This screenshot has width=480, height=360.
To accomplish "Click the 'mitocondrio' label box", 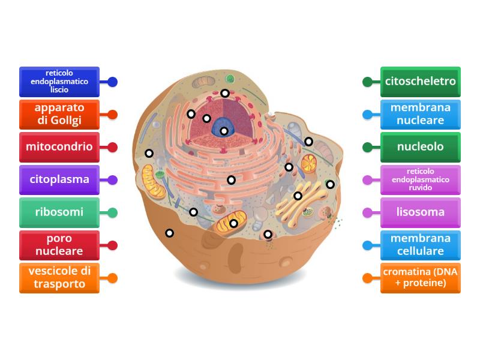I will click(x=59, y=147).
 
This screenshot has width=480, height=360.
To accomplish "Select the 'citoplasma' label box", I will click(x=59, y=179).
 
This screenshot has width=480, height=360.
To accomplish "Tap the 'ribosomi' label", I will click(x=59, y=212).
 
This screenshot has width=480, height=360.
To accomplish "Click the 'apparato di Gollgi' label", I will click(x=59, y=114).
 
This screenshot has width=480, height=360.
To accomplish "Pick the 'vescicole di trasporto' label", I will click(x=59, y=278).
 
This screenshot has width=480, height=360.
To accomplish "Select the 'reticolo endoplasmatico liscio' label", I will click(x=59, y=82).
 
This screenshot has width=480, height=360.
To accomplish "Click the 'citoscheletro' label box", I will click(x=421, y=82).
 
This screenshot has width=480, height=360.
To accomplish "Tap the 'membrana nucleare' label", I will click(x=421, y=114).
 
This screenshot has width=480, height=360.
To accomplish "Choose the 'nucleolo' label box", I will click(x=421, y=147).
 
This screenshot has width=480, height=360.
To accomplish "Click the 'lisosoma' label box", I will click(x=421, y=212).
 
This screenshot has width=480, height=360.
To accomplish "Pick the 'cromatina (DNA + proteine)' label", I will click(x=421, y=278).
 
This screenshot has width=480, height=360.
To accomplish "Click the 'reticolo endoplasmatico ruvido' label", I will click(x=421, y=179).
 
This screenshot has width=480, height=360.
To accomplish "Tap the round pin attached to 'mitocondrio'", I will click(x=112, y=147).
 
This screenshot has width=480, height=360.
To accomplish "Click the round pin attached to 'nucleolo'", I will click(x=368, y=147).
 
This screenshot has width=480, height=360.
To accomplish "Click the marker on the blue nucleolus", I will click(x=224, y=131).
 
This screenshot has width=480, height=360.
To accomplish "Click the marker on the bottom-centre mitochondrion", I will click(x=234, y=223).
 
